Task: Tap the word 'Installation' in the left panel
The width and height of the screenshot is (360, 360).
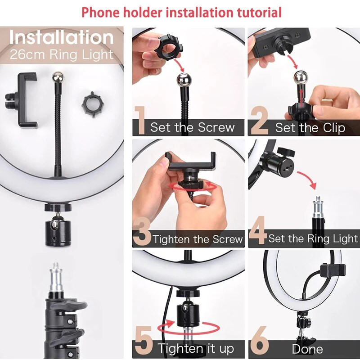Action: tap(62, 38)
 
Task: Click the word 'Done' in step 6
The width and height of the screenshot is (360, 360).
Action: tap(307, 349)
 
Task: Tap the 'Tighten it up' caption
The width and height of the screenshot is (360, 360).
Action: tap(196, 348)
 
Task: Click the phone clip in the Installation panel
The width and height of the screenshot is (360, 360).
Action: tap(23, 99)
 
